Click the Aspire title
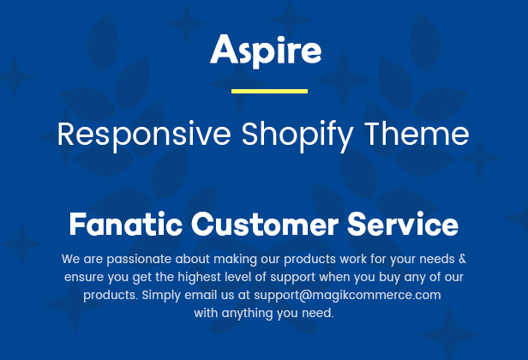pos(266,51)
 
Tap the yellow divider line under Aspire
pos(269,91)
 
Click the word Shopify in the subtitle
pos(297,135)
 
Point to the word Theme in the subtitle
pos(417,134)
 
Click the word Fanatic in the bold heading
pos(126,224)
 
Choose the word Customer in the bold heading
pos(265,224)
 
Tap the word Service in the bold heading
pos(403,224)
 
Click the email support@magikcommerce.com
pos(347,296)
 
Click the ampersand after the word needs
pos(462,259)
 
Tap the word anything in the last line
pos(248,314)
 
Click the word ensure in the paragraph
pos(84,278)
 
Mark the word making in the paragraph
pos(236,260)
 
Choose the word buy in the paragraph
pos(390,278)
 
